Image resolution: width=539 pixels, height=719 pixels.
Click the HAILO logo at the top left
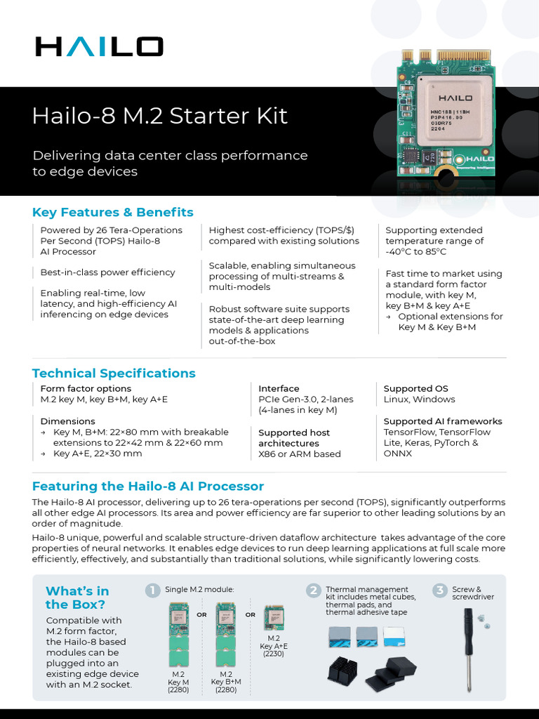click(99, 47)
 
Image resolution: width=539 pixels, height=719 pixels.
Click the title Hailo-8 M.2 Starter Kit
click(160, 115)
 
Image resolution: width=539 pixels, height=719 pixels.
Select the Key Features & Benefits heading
click(112, 212)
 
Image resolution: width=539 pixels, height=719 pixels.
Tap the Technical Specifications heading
click(114, 373)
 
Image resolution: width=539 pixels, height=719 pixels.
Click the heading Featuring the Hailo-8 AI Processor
click(148, 486)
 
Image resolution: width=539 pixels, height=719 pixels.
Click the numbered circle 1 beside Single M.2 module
click(152, 590)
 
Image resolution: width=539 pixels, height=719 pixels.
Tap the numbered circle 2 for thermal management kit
click(313, 590)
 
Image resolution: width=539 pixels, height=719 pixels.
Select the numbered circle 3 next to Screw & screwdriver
click(439, 590)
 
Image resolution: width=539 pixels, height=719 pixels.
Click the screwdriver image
click(467, 646)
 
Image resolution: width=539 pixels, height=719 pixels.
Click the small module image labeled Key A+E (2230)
click(274, 619)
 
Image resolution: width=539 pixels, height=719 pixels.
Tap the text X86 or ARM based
click(299, 454)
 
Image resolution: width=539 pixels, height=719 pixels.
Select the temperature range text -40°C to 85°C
click(415, 251)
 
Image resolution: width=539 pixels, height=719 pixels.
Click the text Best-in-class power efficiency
click(107, 272)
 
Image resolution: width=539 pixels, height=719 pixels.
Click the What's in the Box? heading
click(77, 597)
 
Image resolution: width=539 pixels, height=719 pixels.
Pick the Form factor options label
click(86, 388)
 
